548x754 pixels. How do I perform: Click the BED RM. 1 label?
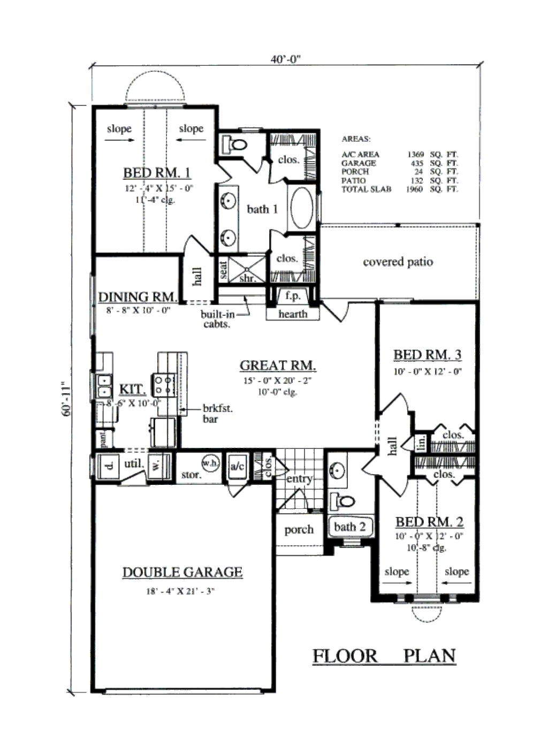tap(157, 173)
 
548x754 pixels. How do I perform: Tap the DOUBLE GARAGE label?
tap(182, 573)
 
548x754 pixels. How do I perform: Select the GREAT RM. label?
tap(277, 365)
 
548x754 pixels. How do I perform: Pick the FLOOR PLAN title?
tap(384, 656)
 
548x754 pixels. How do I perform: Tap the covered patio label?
tap(398, 262)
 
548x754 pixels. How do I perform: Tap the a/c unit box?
tap(237, 467)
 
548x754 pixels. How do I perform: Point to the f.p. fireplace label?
tap(292, 295)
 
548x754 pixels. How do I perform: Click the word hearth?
tap(293, 314)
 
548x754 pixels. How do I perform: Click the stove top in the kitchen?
tap(165, 384)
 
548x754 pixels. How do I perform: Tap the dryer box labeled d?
tap(109, 466)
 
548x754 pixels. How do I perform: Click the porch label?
tap(299, 530)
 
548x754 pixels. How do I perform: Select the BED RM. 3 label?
tap(427, 355)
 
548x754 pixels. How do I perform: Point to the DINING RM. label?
tap(138, 297)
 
